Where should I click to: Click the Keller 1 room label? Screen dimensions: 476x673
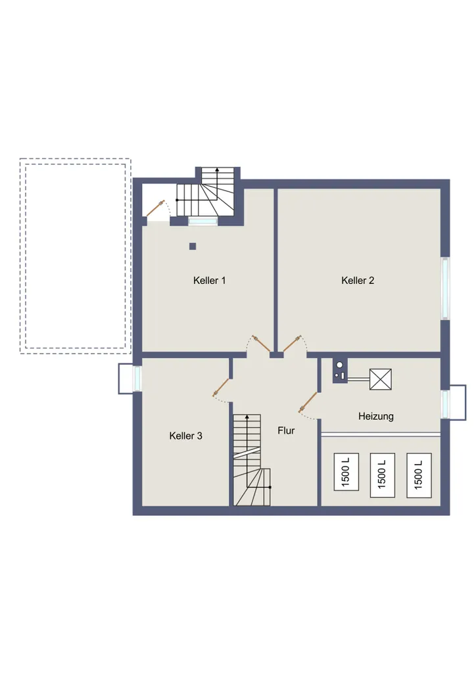[x=209, y=280]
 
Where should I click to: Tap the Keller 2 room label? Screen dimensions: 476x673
[x=358, y=280]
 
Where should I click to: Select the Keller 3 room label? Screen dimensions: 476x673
[x=185, y=436]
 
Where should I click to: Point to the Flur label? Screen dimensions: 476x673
[x=286, y=430]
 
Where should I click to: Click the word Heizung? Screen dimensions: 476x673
[x=375, y=416]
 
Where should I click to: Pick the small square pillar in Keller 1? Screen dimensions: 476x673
[x=193, y=246]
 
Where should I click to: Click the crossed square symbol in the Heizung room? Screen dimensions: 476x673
[x=380, y=379]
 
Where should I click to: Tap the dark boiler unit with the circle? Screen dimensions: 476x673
[x=340, y=371]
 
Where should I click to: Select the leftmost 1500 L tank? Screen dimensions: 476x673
[x=346, y=472]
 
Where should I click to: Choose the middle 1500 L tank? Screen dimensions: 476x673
[x=382, y=475]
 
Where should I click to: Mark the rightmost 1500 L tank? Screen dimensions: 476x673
[x=419, y=475]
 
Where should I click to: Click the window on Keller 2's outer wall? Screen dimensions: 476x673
[x=445, y=289]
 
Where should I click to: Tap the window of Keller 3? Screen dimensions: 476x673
[x=137, y=378]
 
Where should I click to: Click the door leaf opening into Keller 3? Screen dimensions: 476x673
[x=221, y=386]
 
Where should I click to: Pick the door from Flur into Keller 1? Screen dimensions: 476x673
[x=261, y=344]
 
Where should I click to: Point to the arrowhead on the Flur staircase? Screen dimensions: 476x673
[x=247, y=417]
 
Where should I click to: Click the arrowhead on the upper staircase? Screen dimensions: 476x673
[x=217, y=170]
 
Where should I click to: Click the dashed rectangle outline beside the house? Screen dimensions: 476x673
[x=75, y=159]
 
